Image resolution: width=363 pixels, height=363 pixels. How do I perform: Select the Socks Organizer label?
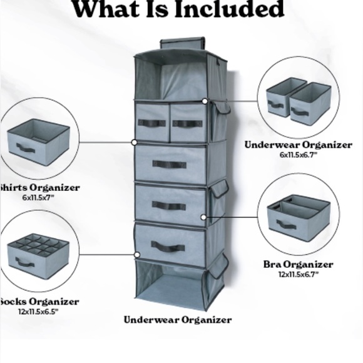[40, 301]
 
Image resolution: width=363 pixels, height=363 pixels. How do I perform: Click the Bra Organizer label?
[298, 264]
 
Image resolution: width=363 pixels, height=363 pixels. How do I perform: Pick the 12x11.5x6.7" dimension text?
[299, 274]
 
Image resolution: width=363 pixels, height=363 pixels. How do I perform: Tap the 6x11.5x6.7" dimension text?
[299, 154]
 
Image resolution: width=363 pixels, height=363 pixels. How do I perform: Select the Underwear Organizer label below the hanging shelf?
[178, 320]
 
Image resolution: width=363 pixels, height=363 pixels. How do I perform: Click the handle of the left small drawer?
[151, 123]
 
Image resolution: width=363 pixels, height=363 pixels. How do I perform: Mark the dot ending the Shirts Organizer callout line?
[135, 143]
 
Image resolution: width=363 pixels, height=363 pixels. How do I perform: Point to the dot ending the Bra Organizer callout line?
[203, 218]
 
